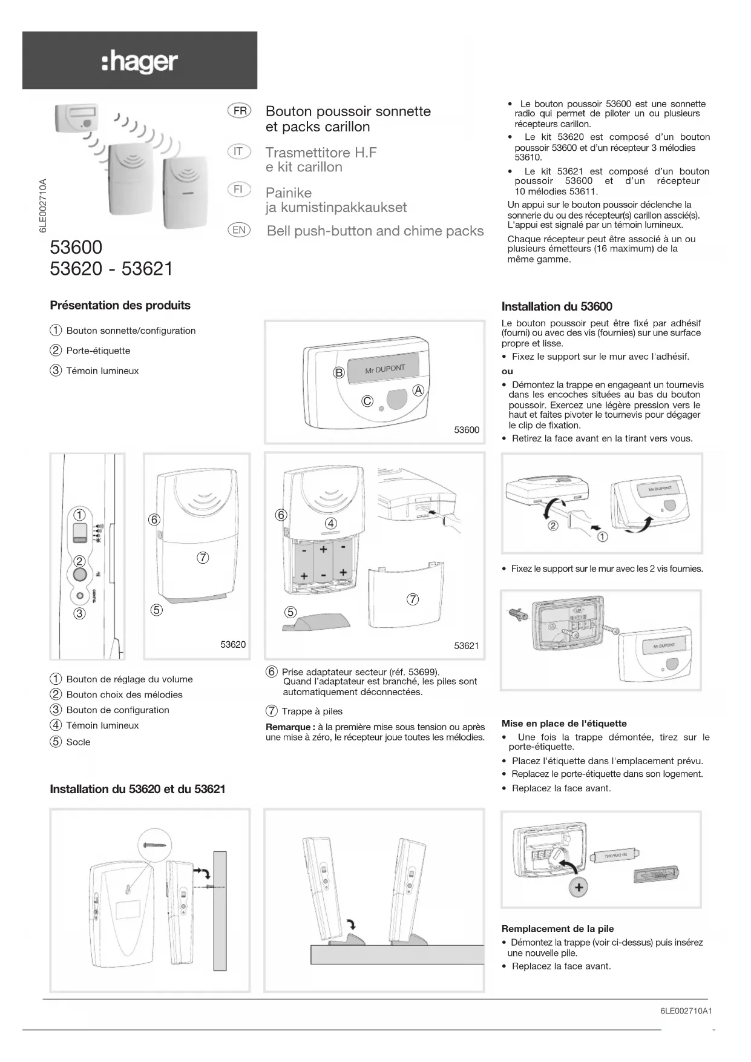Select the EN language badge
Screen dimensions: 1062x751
[239, 229]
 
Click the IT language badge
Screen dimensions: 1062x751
[239, 151]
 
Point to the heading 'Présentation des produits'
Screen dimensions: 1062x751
[120, 305]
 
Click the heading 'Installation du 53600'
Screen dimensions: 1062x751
[557, 306]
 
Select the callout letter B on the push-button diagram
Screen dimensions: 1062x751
[339, 372]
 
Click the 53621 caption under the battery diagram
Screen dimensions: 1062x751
[466, 646]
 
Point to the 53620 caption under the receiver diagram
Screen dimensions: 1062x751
[233, 645]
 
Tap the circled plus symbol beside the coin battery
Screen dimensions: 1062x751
[579, 888]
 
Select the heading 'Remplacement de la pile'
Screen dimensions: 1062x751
[557, 929]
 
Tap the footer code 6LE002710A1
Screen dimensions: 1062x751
[686, 1011]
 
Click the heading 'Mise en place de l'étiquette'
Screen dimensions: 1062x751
[564, 724]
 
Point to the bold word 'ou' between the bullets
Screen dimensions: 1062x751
[507, 371]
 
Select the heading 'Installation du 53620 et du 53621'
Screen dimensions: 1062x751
[137, 789]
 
